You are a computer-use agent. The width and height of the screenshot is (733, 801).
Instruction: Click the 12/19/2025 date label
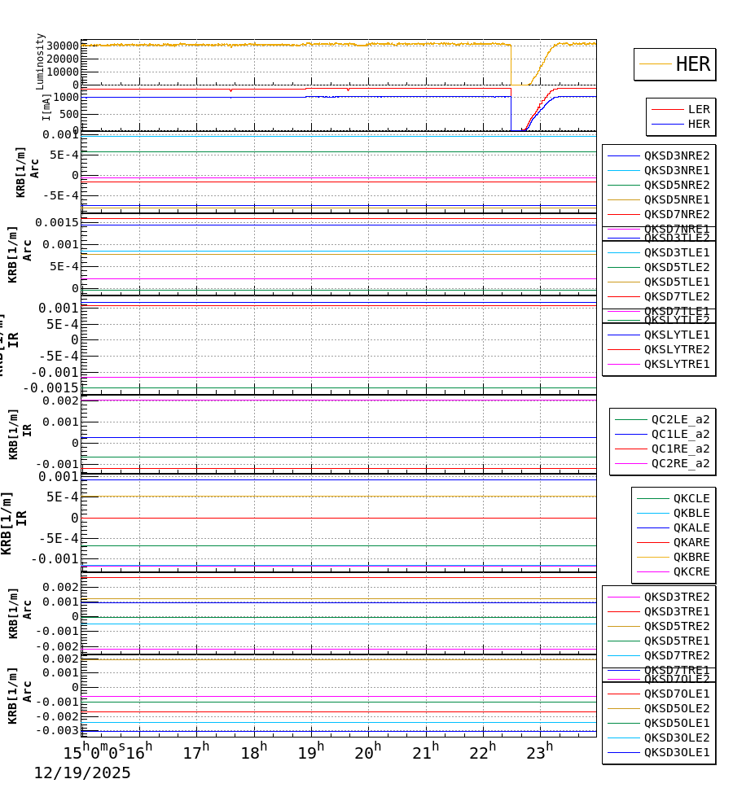pyautogui.click(x=81, y=773)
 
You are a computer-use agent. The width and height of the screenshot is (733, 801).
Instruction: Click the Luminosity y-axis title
pyautogui.click(x=40, y=61)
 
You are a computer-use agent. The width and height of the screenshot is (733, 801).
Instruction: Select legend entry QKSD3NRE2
pyautogui.click(x=676, y=155)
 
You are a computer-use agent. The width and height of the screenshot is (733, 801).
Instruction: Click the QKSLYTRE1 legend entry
pyautogui.click(x=676, y=364)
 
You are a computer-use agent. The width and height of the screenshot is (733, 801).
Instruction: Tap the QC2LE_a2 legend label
pyautogui.click(x=680, y=419)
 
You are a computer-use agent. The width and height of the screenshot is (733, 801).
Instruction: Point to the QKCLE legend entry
pyautogui.click(x=691, y=498)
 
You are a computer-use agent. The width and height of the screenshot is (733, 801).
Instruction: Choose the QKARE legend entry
pyautogui.click(x=691, y=542)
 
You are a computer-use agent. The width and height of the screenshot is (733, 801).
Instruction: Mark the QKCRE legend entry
pyautogui.click(x=691, y=571)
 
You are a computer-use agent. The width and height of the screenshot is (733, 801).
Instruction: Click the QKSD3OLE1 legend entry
pyautogui.click(x=676, y=752)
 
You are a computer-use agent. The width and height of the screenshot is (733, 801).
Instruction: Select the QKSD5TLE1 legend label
pyautogui.click(x=676, y=282)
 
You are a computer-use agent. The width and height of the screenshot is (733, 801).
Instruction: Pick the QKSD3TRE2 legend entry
pyautogui.click(x=676, y=597)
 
